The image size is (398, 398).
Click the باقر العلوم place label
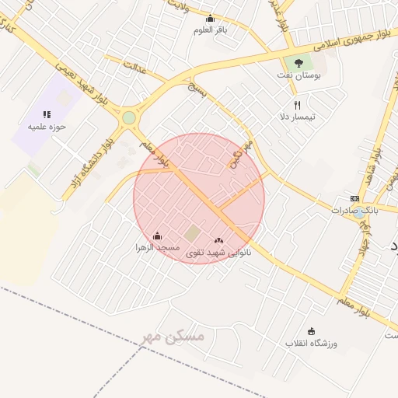209,30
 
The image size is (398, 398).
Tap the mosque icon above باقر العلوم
209,19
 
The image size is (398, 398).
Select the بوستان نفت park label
298,75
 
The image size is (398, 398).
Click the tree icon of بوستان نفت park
298,63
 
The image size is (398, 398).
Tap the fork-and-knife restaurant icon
295,105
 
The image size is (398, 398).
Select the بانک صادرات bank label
354,210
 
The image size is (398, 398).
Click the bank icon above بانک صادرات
354,198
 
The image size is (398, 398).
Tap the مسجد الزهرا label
158,247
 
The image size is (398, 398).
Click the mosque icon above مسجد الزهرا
158,236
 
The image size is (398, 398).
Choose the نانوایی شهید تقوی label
218,253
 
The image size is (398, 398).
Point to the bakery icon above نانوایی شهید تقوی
218,241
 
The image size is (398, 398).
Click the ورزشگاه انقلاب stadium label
311,343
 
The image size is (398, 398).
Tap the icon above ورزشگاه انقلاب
312,331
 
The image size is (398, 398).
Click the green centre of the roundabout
128,118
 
